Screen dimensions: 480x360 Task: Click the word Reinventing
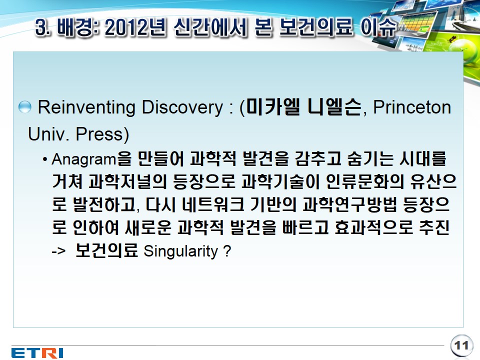(x=86, y=108)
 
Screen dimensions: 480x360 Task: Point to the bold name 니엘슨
(x=334, y=107)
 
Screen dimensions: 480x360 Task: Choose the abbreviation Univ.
(x=48, y=134)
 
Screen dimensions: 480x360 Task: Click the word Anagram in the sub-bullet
(x=84, y=159)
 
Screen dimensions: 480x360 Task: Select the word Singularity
(x=180, y=251)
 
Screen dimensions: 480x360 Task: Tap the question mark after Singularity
(x=227, y=250)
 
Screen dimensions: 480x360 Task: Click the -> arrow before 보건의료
(x=58, y=251)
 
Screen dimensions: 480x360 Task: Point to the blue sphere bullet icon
(x=25, y=107)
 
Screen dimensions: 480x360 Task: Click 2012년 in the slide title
(x=135, y=27)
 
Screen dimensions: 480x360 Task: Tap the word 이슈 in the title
(x=378, y=27)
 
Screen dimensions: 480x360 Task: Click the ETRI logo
(x=37, y=352)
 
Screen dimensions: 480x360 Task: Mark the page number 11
(x=461, y=345)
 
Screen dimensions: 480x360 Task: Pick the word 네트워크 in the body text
(x=213, y=204)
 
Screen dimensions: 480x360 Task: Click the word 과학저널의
(x=127, y=181)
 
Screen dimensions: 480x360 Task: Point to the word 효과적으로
(x=373, y=227)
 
